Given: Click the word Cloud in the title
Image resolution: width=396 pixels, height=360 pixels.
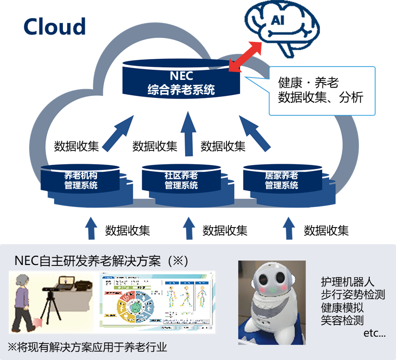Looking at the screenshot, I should (x=55, y=26).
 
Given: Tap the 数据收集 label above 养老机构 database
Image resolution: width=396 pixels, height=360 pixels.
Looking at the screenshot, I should (x=76, y=146).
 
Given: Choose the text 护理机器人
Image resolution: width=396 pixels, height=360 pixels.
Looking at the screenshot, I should (x=346, y=281).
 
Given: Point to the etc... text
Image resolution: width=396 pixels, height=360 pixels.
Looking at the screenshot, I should (x=375, y=334).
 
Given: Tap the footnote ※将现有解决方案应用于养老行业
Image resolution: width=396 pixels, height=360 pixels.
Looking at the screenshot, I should (x=87, y=347).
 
